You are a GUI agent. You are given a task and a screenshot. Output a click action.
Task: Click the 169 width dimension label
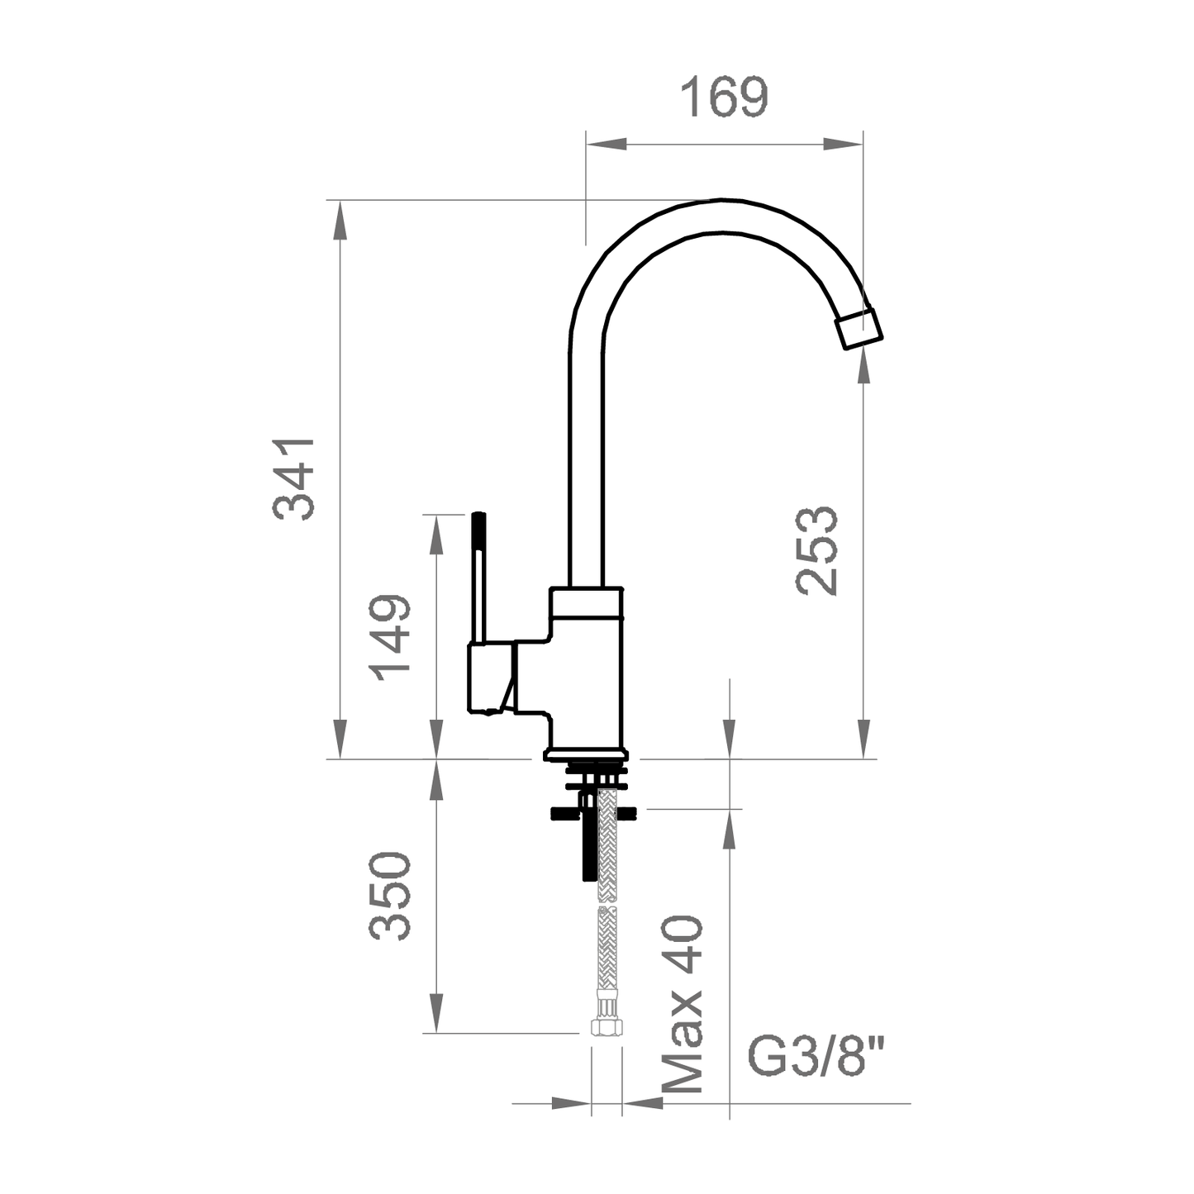(724, 98)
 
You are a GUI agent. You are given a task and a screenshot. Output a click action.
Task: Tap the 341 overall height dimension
(294, 478)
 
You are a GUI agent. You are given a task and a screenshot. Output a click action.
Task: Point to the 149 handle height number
(390, 637)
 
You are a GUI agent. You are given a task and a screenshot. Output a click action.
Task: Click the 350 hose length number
(390, 896)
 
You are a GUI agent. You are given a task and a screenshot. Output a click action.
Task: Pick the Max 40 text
(684, 1003)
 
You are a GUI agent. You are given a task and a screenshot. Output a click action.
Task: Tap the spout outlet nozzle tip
(859, 329)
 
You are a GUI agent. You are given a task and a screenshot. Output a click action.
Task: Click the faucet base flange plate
(586, 754)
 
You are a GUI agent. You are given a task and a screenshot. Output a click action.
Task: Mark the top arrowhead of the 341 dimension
(340, 220)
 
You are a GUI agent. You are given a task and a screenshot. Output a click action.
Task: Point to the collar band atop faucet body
(587, 603)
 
